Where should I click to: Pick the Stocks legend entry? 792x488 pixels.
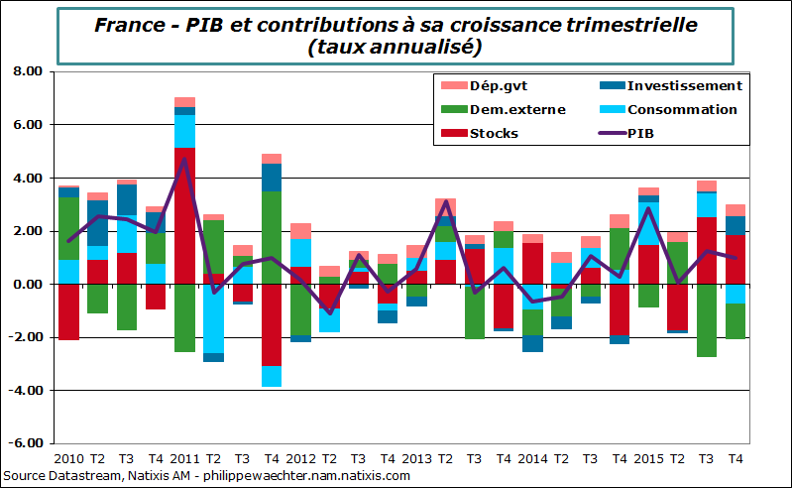coord(494,133)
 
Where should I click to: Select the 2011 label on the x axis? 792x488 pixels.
coord(184,459)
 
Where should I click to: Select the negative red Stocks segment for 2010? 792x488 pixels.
coord(68,311)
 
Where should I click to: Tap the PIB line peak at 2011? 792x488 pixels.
coord(184,160)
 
